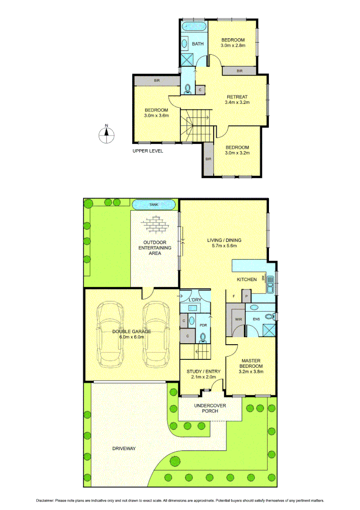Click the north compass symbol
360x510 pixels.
click(x=107, y=135)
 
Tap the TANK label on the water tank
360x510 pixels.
click(x=154, y=204)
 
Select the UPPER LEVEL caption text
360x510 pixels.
click(x=148, y=151)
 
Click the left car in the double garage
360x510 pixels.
click(x=110, y=335)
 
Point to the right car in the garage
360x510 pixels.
click(x=156, y=335)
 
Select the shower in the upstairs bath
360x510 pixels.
click(x=187, y=59)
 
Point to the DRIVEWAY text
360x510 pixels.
click(x=124, y=448)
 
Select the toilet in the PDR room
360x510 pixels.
click(x=203, y=337)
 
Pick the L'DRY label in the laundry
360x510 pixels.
click(x=195, y=301)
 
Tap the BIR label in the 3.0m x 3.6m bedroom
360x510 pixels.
click(x=156, y=81)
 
